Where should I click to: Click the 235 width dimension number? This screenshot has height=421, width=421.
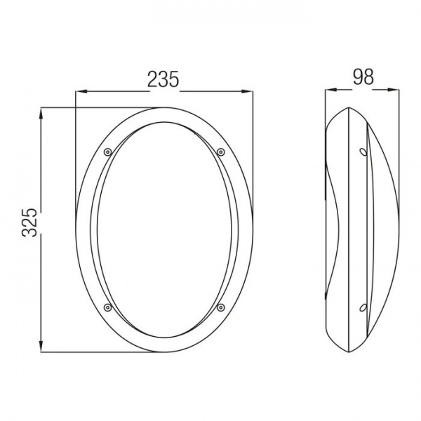[163, 79]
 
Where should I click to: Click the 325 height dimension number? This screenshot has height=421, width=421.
[29, 222]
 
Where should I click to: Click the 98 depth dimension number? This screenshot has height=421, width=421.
[363, 76]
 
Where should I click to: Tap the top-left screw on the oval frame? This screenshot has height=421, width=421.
[107, 152]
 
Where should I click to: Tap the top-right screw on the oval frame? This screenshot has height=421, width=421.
[221, 152]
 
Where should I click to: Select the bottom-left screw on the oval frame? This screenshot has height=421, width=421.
[107, 307]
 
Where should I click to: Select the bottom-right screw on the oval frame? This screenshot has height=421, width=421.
[221, 307]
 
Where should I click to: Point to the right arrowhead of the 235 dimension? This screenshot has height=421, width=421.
[247, 91]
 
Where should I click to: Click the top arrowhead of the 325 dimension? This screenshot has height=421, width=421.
[41, 113]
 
